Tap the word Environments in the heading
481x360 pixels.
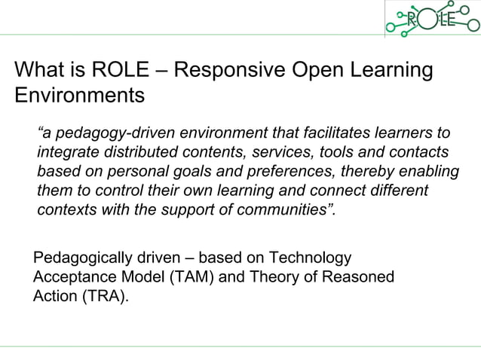coord(79,96)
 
